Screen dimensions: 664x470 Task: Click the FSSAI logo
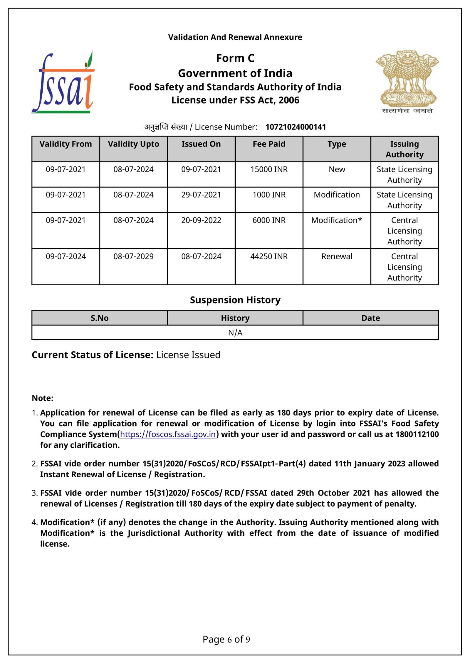pos(63,83)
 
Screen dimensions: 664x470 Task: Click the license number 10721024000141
pos(296,127)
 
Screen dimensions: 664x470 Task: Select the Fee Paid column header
pos(269,144)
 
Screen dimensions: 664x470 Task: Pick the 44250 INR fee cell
pos(269,256)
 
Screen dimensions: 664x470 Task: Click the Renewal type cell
pos(337,256)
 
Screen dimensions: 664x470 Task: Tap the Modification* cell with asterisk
pos(337,220)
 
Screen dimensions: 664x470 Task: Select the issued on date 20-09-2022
pos(201,220)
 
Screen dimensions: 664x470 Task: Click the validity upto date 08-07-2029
pos(133,256)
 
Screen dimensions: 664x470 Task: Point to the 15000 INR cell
pos(269,169)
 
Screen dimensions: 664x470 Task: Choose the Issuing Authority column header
pos(404,149)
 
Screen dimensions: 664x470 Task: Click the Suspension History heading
pos(235,300)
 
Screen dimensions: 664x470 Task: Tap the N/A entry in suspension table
pos(235,333)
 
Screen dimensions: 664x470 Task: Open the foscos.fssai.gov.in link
pos(168,434)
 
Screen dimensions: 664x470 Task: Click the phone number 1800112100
pos(417,434)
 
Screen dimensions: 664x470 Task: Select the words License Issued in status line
pos(188,355)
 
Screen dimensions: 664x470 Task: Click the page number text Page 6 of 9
pos(226,639)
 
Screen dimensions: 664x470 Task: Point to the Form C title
pos(235,58)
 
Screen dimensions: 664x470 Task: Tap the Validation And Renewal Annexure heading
pos(235,37)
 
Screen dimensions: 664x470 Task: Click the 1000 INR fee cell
pos(269,195)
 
